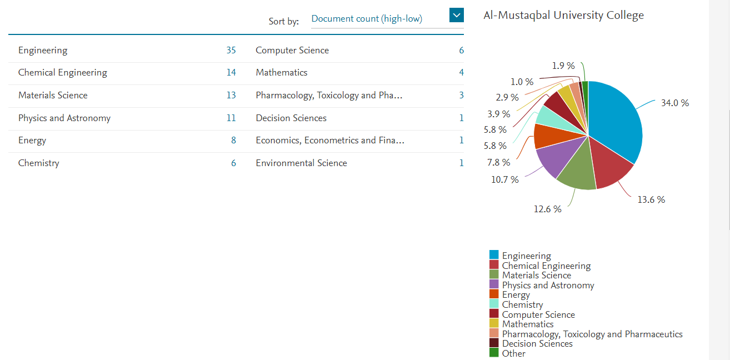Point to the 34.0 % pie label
point(674,103)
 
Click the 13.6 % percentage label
point(651,199)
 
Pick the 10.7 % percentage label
point(504,179)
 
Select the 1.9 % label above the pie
point(563,66)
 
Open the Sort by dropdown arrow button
point(456,16)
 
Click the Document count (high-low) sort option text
point(367,18)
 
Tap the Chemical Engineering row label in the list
point(62,73)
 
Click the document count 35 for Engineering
point(231,51)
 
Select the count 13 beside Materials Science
point(231,96)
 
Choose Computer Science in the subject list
point(292,51)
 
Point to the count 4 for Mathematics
point(461,73)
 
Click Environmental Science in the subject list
point(301,163)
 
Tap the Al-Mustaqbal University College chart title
point(563,15)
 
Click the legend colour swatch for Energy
point(493,294)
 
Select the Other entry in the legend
point(513,353)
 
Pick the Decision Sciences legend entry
point(537,344)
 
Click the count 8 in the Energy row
point(233,141)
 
